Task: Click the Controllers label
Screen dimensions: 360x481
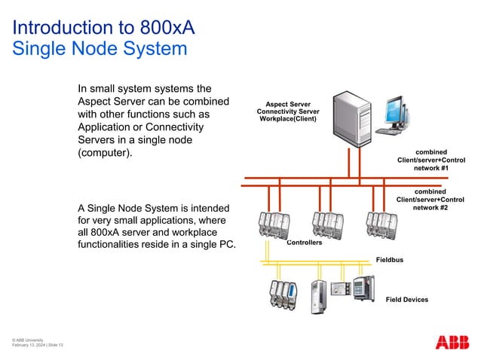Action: [305, 243]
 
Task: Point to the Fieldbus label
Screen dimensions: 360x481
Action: [390, 260]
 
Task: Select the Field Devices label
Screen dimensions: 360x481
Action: [406, 300]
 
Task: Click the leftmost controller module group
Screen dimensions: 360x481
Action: [273, 224]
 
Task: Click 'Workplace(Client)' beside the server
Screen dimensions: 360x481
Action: [288, 119]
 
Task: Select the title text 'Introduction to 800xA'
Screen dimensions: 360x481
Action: [104, 29]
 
